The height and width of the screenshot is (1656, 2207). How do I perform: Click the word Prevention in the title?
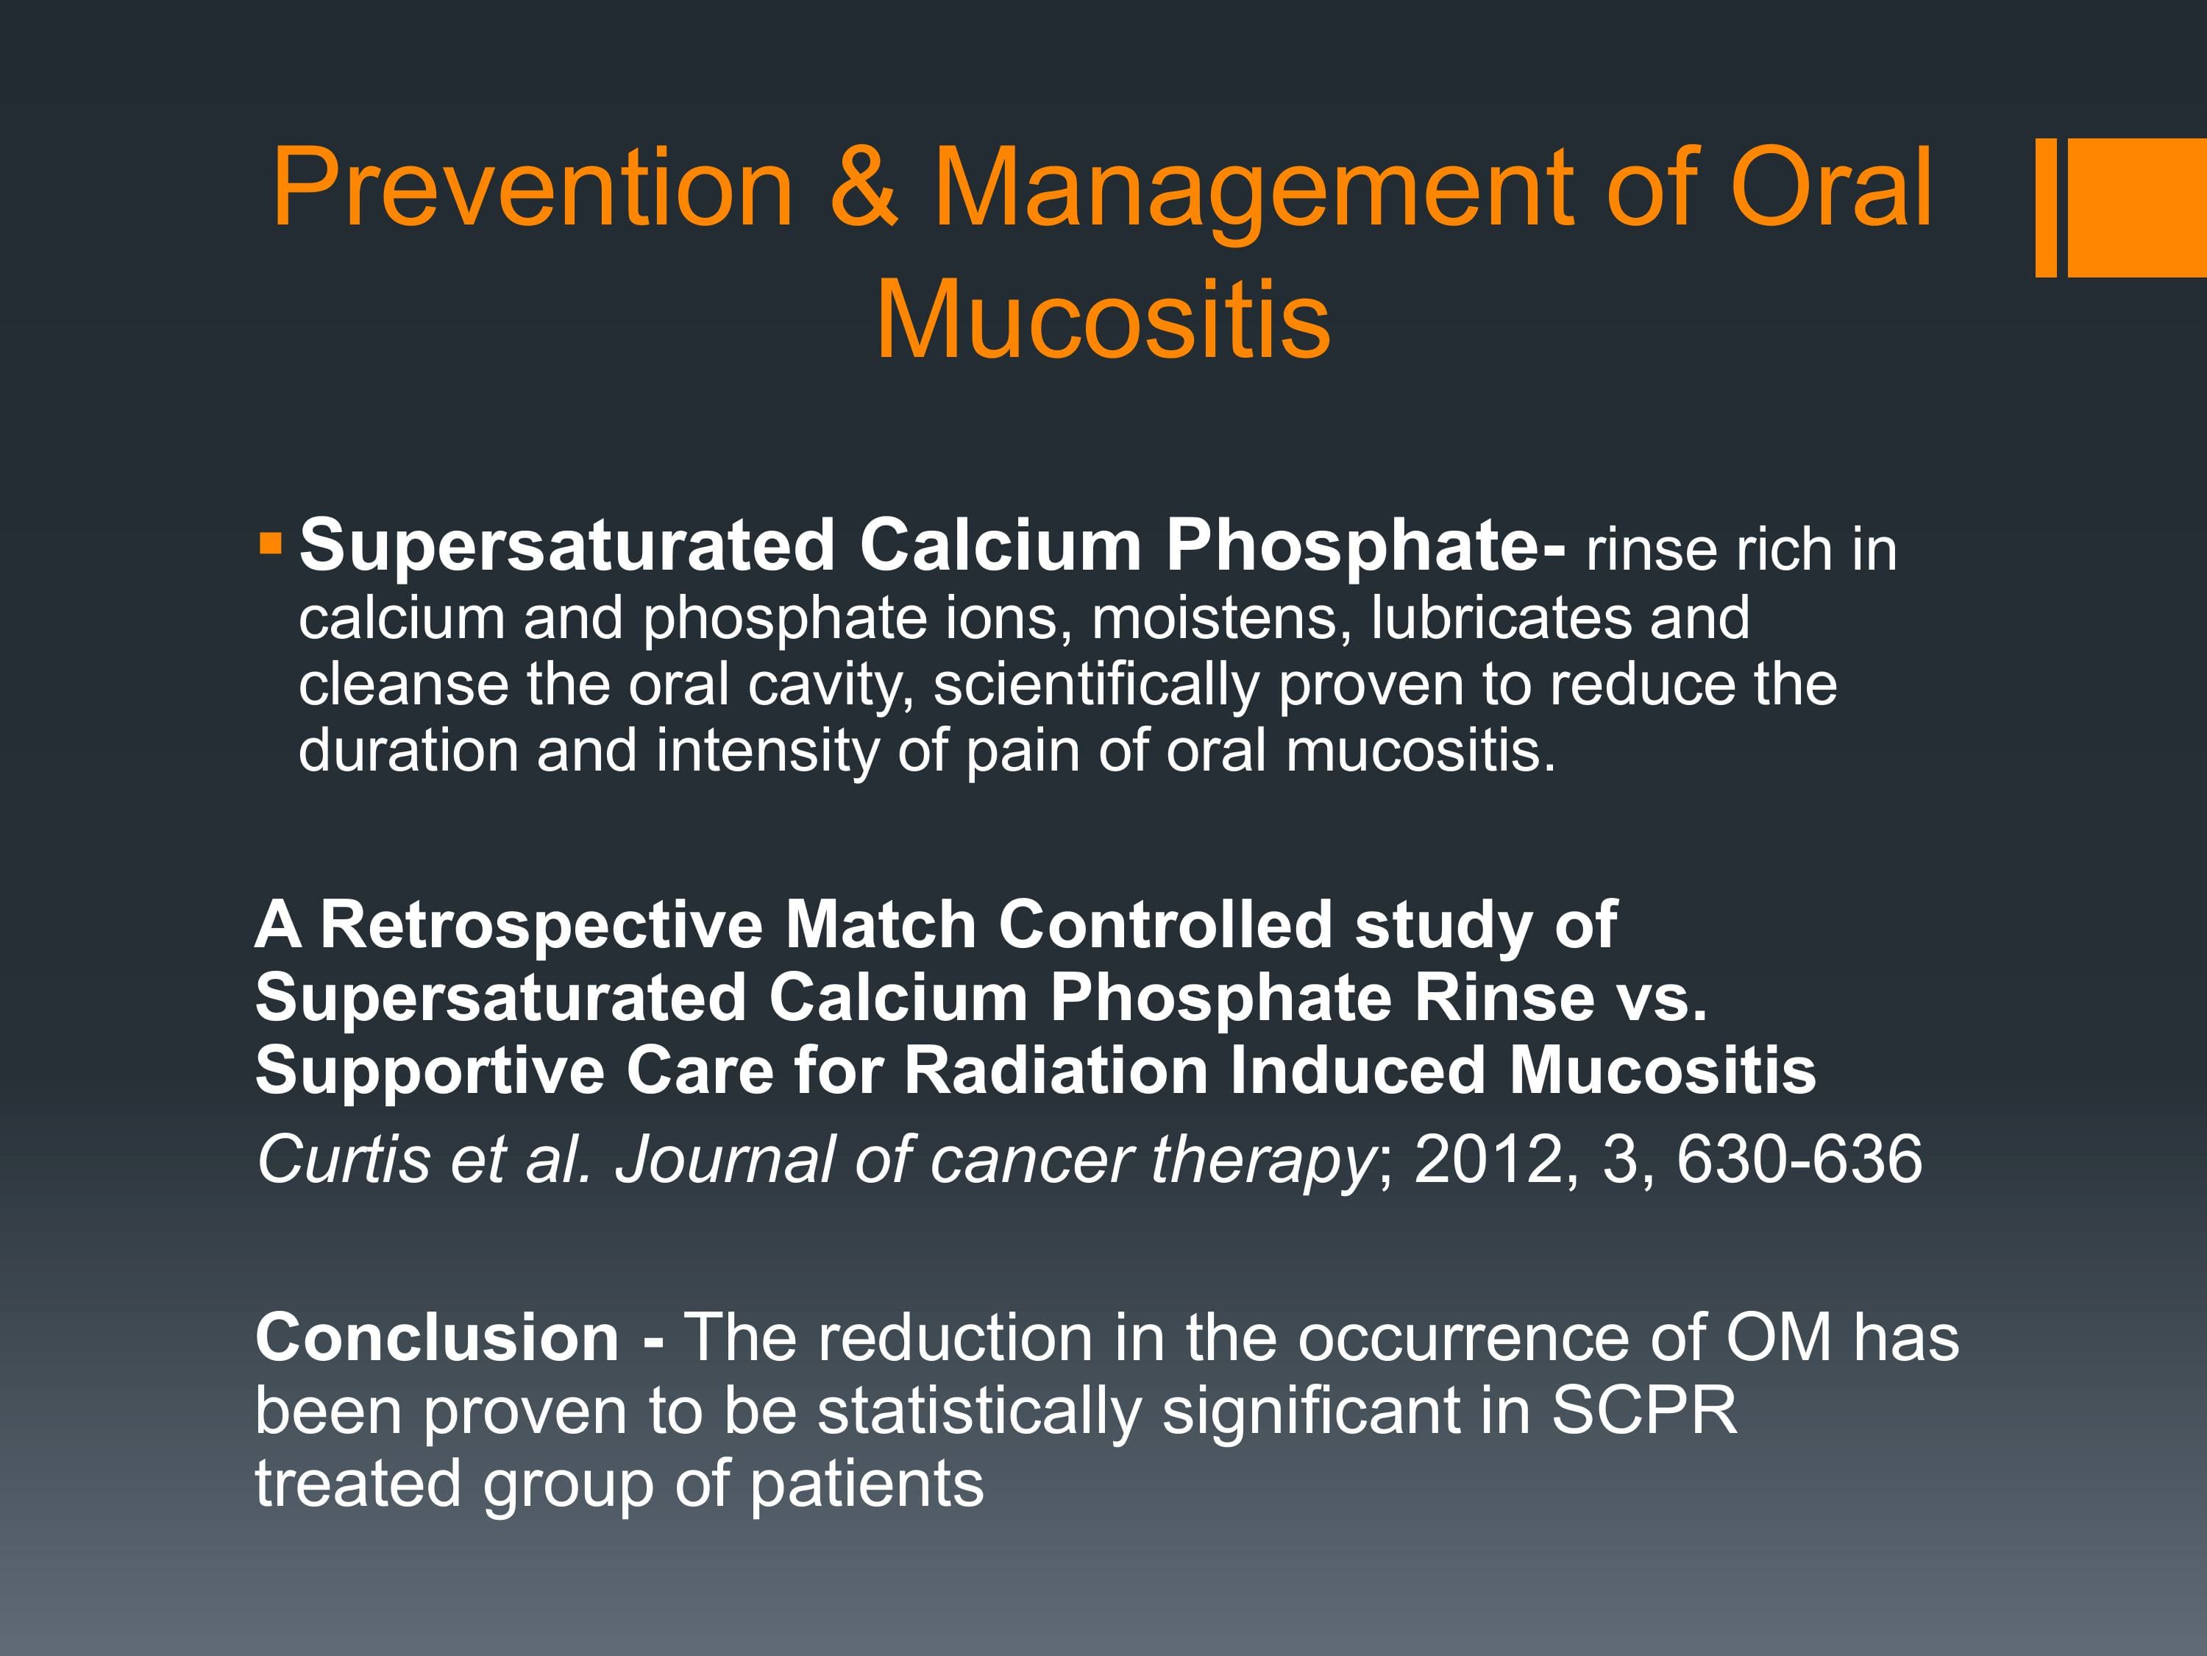[x=533, y=187]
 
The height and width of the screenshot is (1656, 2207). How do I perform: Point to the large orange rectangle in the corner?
[x=2137, y=208]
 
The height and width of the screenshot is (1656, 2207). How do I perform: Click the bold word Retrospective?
[x=541, y=925]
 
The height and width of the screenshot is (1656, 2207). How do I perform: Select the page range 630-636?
[x=1799, y=1160]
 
